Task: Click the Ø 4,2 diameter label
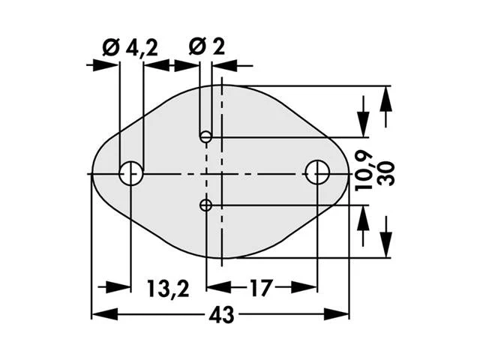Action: click(130, 48)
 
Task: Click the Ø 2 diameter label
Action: click(207, 46)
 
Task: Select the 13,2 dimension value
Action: click(168, 288)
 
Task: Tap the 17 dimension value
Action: click(261, 288)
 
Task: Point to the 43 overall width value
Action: click(222, 314)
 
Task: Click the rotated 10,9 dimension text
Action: click(364, 172)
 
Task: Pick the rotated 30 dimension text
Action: click(385, 174)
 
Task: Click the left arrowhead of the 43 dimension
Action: click(104, 314)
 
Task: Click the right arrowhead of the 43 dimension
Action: click(337, 314)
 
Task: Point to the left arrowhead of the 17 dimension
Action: click(219, 287)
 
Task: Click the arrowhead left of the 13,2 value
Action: click(118, 287)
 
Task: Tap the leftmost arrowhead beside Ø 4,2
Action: click(106, 65)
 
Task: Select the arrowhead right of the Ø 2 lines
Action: click(224, 65)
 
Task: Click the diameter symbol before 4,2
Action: click(111, 48)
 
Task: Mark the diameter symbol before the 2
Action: click(197, 47)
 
